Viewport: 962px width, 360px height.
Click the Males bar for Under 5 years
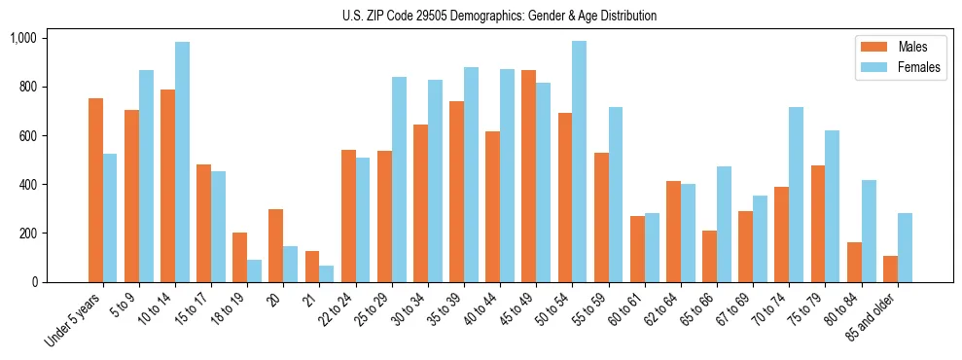[x=95, y=190]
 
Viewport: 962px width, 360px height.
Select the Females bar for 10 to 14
[x=182, y=162]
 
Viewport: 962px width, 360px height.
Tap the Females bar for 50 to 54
[x=579, y=162]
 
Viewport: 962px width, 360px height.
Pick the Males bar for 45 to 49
[x=528, y=176]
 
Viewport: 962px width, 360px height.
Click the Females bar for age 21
[x=327, y=273]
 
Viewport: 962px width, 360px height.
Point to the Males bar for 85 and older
[x=889, y=269]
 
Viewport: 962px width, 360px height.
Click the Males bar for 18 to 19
[x=239, y=257]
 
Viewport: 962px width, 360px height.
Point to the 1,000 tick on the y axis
[x=22, y=38]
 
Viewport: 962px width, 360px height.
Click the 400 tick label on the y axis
[x=27, y=185]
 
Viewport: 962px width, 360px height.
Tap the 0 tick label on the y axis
[x=34, y=282]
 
